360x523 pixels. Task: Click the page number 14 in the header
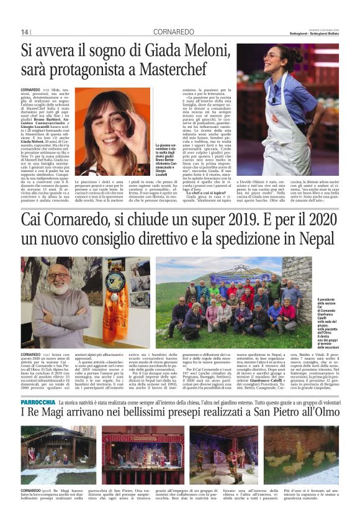(x=24, y=32)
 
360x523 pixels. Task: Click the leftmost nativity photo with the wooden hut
(x=58, y=455)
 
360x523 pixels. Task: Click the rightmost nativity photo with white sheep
(x=301, y=455)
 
